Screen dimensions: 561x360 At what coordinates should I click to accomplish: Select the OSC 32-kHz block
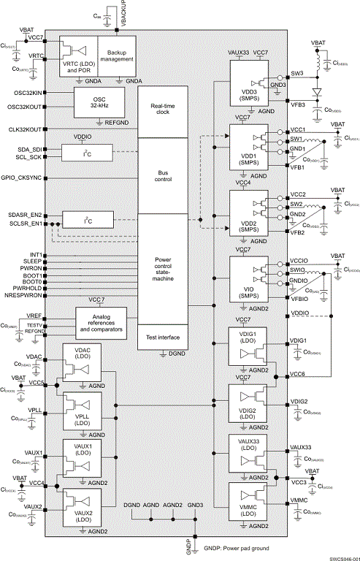point(104,102)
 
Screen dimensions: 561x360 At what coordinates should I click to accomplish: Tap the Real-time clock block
point(162,111)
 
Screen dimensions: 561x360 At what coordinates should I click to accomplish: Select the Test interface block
point(162,336)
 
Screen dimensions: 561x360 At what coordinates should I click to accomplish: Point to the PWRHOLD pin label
point(28,289)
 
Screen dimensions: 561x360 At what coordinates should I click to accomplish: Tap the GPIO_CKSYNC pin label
point(23,178)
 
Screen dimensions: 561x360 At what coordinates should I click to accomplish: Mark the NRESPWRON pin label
point(25,296)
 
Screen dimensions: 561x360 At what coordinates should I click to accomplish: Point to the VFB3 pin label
point(298,104)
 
